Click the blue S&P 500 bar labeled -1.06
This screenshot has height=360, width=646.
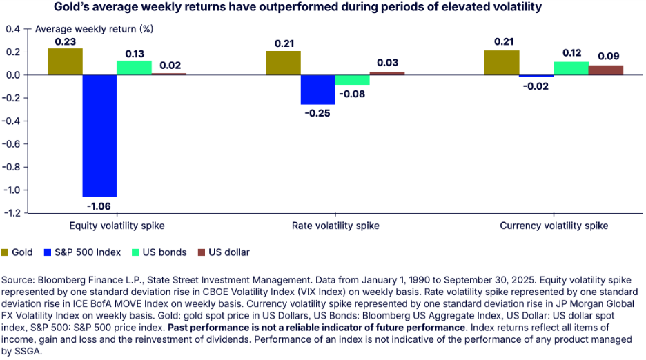click(99, 135)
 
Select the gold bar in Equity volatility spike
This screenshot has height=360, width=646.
click(65, 61)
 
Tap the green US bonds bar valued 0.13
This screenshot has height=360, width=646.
click(134, 68)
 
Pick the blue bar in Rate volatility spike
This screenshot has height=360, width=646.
click(317, 89)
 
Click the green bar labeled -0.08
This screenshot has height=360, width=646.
click(352, 79)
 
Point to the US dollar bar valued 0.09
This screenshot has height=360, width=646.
click(605, 70)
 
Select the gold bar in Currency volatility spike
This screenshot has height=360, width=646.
click(502, 63)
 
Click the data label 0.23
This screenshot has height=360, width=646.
click(65, 41)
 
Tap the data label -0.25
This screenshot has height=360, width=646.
click(317, 112)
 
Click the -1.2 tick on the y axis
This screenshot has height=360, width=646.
click(11, 213)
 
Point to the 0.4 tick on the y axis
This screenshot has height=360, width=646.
click(12, 29)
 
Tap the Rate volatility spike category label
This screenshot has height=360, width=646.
click(335, 226)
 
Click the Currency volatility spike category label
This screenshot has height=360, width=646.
click(554, 226)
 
